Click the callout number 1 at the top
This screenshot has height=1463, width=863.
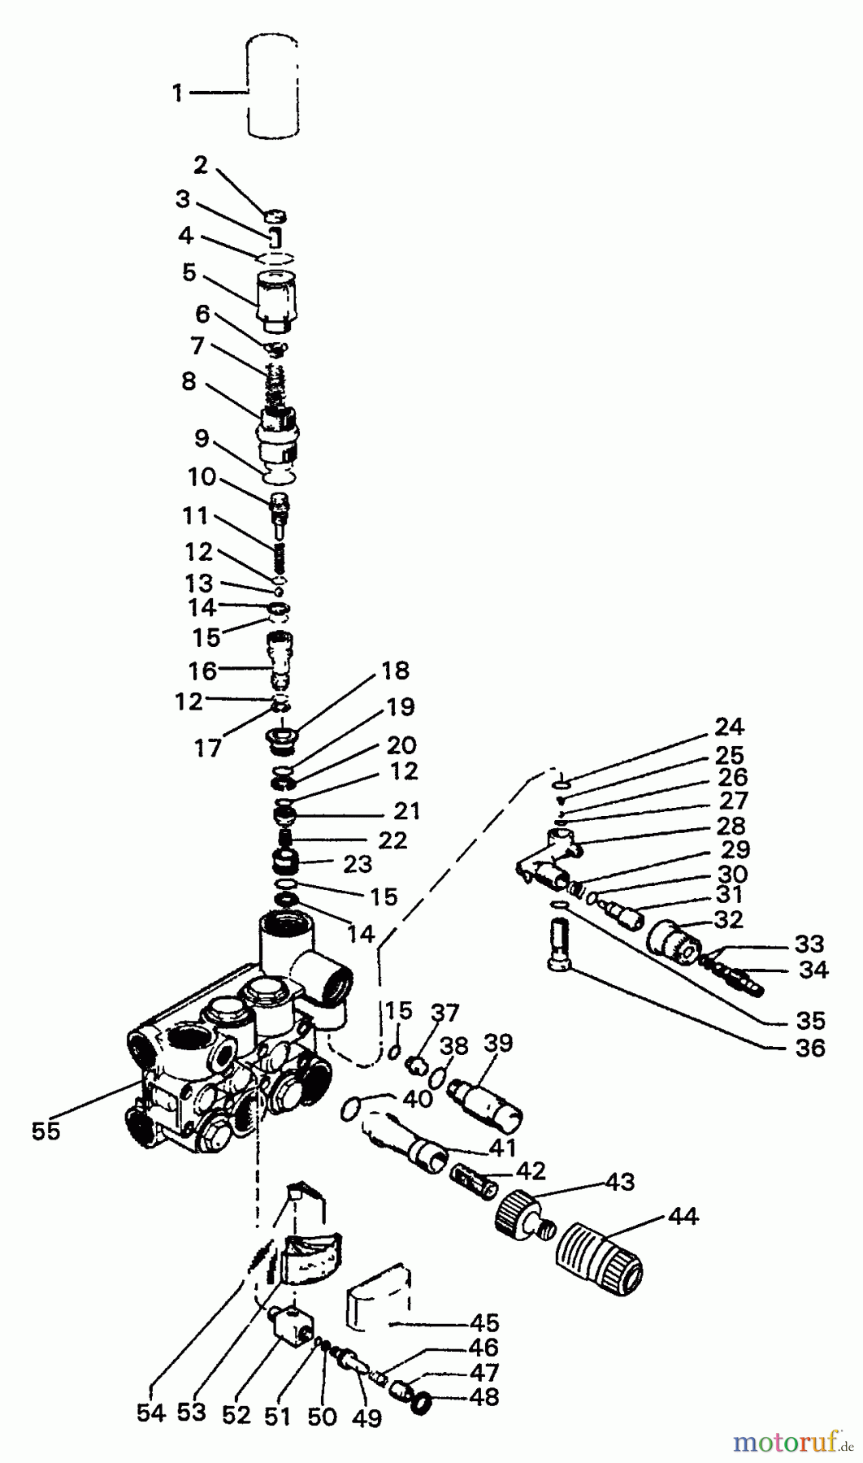coord(177,93)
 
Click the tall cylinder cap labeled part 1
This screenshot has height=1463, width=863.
coord(274,84)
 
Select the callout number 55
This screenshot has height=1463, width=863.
coord(46,1131)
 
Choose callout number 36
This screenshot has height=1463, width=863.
coord(810,1048)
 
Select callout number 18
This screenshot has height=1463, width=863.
coord(395,671)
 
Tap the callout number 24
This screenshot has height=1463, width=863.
coord(729,726)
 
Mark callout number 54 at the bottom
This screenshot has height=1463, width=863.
coord(150,1414)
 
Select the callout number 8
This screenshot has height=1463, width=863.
coord(189,381)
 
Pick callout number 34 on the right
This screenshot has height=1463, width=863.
coord(813,970)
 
